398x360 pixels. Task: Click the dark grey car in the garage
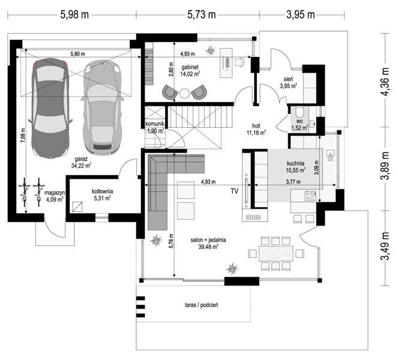point(50,109)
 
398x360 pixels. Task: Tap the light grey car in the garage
point(103,107)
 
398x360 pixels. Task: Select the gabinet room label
point(190,67)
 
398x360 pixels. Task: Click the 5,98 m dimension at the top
point(74,15)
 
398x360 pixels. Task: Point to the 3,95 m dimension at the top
point(301,15)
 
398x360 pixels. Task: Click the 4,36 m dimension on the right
point(385,81)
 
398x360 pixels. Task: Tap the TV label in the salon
point(235,191)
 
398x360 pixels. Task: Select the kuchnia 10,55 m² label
point(295,167)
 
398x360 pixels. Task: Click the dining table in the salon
point(276,253)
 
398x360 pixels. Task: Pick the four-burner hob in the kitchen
point(310,196)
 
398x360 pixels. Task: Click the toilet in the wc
point(300,112)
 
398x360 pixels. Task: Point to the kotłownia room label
point(102,191)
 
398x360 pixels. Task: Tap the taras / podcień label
point(201,305)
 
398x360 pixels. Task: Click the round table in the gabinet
point(184,94)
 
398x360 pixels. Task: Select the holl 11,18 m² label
point(256,129)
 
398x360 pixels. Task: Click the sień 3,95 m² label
point(289,83)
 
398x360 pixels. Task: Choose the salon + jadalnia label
point(208,240)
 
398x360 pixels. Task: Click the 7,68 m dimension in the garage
point(23,135)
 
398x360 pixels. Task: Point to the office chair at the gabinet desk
point(239,62)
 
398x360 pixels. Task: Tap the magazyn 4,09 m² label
point(55,196)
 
